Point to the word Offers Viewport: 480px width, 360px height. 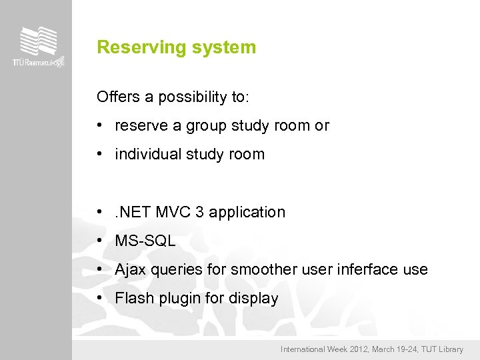117,97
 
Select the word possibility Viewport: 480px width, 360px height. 192,97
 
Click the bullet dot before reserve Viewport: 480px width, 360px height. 99,126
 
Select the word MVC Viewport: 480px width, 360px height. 174,213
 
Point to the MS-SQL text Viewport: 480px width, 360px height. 145,241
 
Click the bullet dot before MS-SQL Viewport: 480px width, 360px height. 99,241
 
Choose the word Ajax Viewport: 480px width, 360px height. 129,270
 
